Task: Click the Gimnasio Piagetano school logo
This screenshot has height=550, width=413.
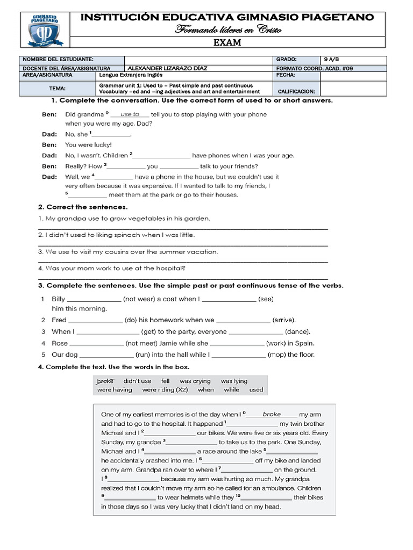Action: [x=45, y=30]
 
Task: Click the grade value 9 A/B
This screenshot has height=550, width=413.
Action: [x=333, y=60]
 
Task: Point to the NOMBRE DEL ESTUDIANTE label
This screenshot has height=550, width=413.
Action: [x=58, y=60]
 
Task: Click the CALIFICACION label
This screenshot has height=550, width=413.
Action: [x=297, y=92]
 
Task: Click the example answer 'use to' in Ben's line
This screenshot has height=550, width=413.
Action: [x=130, y=114]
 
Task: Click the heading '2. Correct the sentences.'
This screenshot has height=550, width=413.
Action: [x=83, y=207]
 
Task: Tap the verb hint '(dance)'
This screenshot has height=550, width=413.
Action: [x=297, y=332]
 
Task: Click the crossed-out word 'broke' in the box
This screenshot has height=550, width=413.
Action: [x=106, y=381]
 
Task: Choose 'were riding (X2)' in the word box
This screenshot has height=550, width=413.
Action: [x=165, y=390]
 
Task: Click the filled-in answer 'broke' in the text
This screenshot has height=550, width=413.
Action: [x=272, y=414]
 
